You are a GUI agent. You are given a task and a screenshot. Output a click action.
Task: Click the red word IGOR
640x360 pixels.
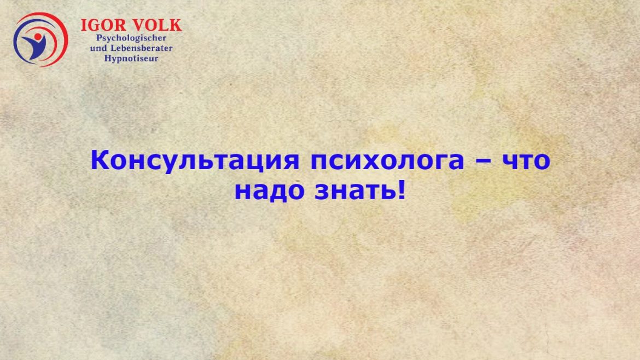click(103, 25)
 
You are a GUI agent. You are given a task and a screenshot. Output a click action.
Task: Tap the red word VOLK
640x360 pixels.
click(158, 25)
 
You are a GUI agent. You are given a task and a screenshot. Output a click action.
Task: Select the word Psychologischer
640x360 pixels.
click(131, 38)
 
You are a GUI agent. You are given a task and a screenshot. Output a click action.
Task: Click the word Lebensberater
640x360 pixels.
click(142, 48)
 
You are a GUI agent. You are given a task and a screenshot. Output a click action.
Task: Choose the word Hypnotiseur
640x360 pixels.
click(131, 59)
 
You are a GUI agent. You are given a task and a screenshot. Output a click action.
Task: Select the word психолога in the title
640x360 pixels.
click(387, 161)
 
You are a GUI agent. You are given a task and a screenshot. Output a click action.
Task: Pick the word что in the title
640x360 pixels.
click(526, 161)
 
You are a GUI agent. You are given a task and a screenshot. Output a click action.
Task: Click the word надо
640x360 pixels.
click(269, 190)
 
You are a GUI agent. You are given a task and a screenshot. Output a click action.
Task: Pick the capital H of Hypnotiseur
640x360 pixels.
click(108, 58)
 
